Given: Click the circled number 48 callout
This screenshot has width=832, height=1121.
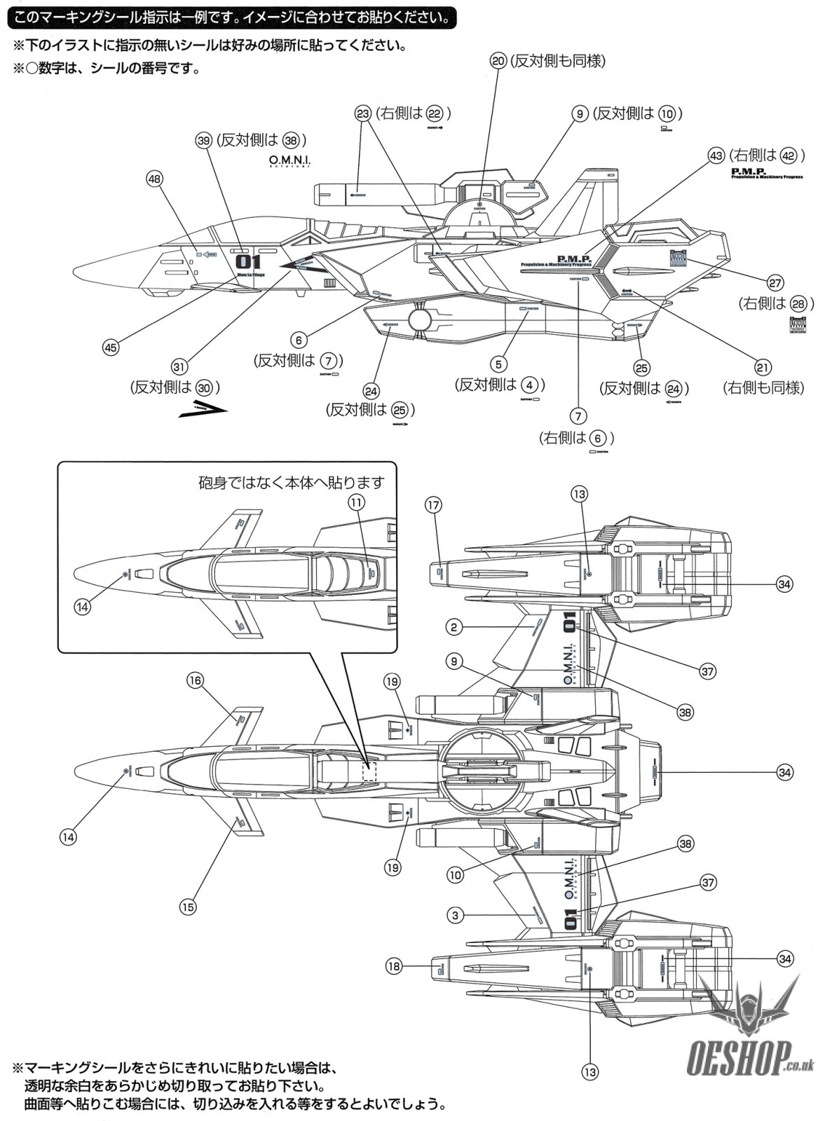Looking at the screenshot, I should (x=154, y=179).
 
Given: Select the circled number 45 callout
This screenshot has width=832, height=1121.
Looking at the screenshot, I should (x=111, y=346).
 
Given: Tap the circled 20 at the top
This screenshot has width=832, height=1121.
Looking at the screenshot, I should (x=498, y=61).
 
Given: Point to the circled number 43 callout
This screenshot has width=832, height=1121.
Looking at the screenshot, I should (x=716, y=156).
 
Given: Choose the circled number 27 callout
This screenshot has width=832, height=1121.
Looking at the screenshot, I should (x=775, y=283).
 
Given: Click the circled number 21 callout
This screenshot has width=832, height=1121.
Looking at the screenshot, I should (x=763, y=367).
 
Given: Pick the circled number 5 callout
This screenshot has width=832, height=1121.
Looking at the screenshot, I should (x=498, y=364).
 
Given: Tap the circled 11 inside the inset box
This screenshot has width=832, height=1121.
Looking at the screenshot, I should (x=357, y=502).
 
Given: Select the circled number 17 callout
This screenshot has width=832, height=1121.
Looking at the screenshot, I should (x=433, y=504).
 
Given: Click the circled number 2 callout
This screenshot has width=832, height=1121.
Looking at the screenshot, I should (x=454, y=628).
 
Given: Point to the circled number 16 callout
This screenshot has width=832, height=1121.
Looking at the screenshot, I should (x=195, y=680).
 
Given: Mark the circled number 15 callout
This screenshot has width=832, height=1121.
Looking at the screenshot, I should (x=188, y=907).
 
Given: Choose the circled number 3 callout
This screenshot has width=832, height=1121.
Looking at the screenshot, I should (x=455, y=915).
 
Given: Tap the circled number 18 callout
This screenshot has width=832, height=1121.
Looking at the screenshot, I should (x=394, y=966).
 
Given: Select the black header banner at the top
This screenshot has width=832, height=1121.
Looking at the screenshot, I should (x=231, y=16).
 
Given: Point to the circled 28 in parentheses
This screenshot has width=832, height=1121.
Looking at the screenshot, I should (x=798, y=303).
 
